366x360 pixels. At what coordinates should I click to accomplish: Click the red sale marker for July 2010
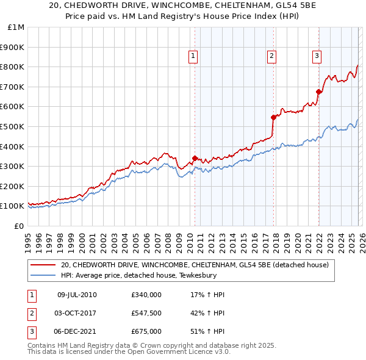(195, 158)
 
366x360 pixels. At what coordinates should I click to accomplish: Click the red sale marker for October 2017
(273, 117)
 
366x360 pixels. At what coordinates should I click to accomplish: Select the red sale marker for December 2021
(318, 92)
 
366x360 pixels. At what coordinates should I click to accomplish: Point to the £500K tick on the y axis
(12, 126)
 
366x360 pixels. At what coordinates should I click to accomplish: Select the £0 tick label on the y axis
(19, 226)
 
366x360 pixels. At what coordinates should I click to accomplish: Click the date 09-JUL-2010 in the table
(77, 295)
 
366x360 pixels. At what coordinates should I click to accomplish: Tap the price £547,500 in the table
(146, 313)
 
